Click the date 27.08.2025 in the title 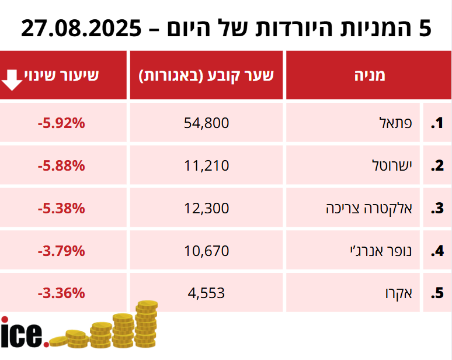pos(81,27)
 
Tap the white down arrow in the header pos(12,79)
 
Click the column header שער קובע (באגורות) pos(206,75)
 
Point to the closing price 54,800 pos(206,123)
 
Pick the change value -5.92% pos(61,123)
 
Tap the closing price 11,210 pos(206,165)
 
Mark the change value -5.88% pos(61,165)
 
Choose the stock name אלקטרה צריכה pos(369,208)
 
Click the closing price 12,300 pos(206,208)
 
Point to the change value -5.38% pos(61,208)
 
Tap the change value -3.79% pos(61,251)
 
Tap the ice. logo pos(23,333)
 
